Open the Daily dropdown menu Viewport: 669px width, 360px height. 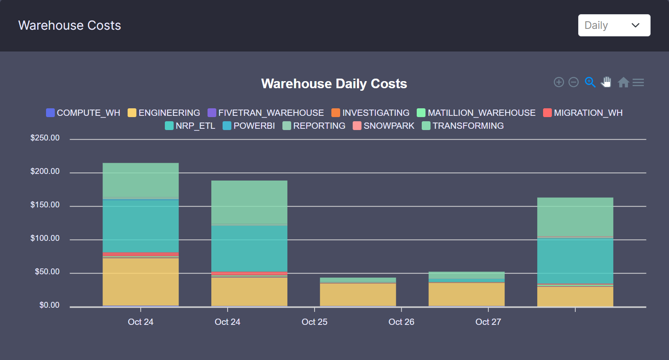614,26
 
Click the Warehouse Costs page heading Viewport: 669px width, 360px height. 69,26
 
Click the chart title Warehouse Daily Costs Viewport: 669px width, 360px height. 334,84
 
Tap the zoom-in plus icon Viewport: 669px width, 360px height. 559,82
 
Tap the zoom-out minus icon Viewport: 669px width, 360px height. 574,82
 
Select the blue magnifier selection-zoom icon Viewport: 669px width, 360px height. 590,82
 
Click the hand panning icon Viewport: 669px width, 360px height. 606,82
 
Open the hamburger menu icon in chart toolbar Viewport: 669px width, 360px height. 638,82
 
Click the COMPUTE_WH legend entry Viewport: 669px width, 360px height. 83,113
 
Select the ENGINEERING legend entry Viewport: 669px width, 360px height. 164,113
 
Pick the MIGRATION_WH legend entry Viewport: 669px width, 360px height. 583,113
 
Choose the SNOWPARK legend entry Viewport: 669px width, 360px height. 384,126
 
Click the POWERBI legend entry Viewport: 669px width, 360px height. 249,126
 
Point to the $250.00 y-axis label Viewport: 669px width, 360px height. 45,138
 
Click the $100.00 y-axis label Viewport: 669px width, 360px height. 45,238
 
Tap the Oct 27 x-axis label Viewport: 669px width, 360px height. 488,322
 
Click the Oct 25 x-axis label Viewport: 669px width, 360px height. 314,322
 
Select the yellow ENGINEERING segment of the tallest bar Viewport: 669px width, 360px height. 141,282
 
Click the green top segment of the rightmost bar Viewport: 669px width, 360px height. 575,217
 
